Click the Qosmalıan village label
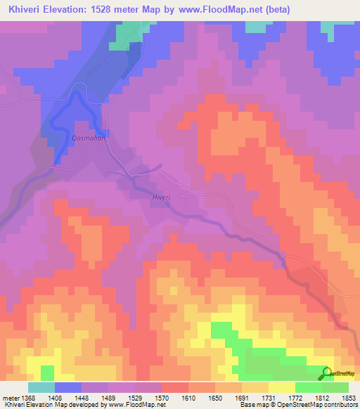pyautogui.click(x=89, y=138)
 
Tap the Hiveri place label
pyautogui.click(x=162, y=198)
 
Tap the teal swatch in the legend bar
pyautogui.click(x=41, y=387)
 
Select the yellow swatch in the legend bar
pyautogui.click(x=282, y=387)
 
